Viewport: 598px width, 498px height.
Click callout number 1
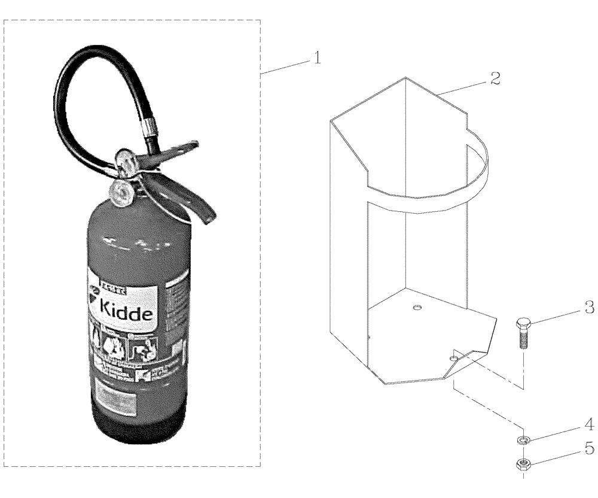coord(318,58)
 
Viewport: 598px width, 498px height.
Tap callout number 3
coord(588,308)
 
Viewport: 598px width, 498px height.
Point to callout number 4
coord(588,426)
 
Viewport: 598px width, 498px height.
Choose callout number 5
coord(588,447)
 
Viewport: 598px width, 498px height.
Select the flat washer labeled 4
coord(523,441)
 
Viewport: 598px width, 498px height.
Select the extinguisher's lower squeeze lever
coord(191,201)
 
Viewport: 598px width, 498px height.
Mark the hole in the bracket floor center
coord(417,308)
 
